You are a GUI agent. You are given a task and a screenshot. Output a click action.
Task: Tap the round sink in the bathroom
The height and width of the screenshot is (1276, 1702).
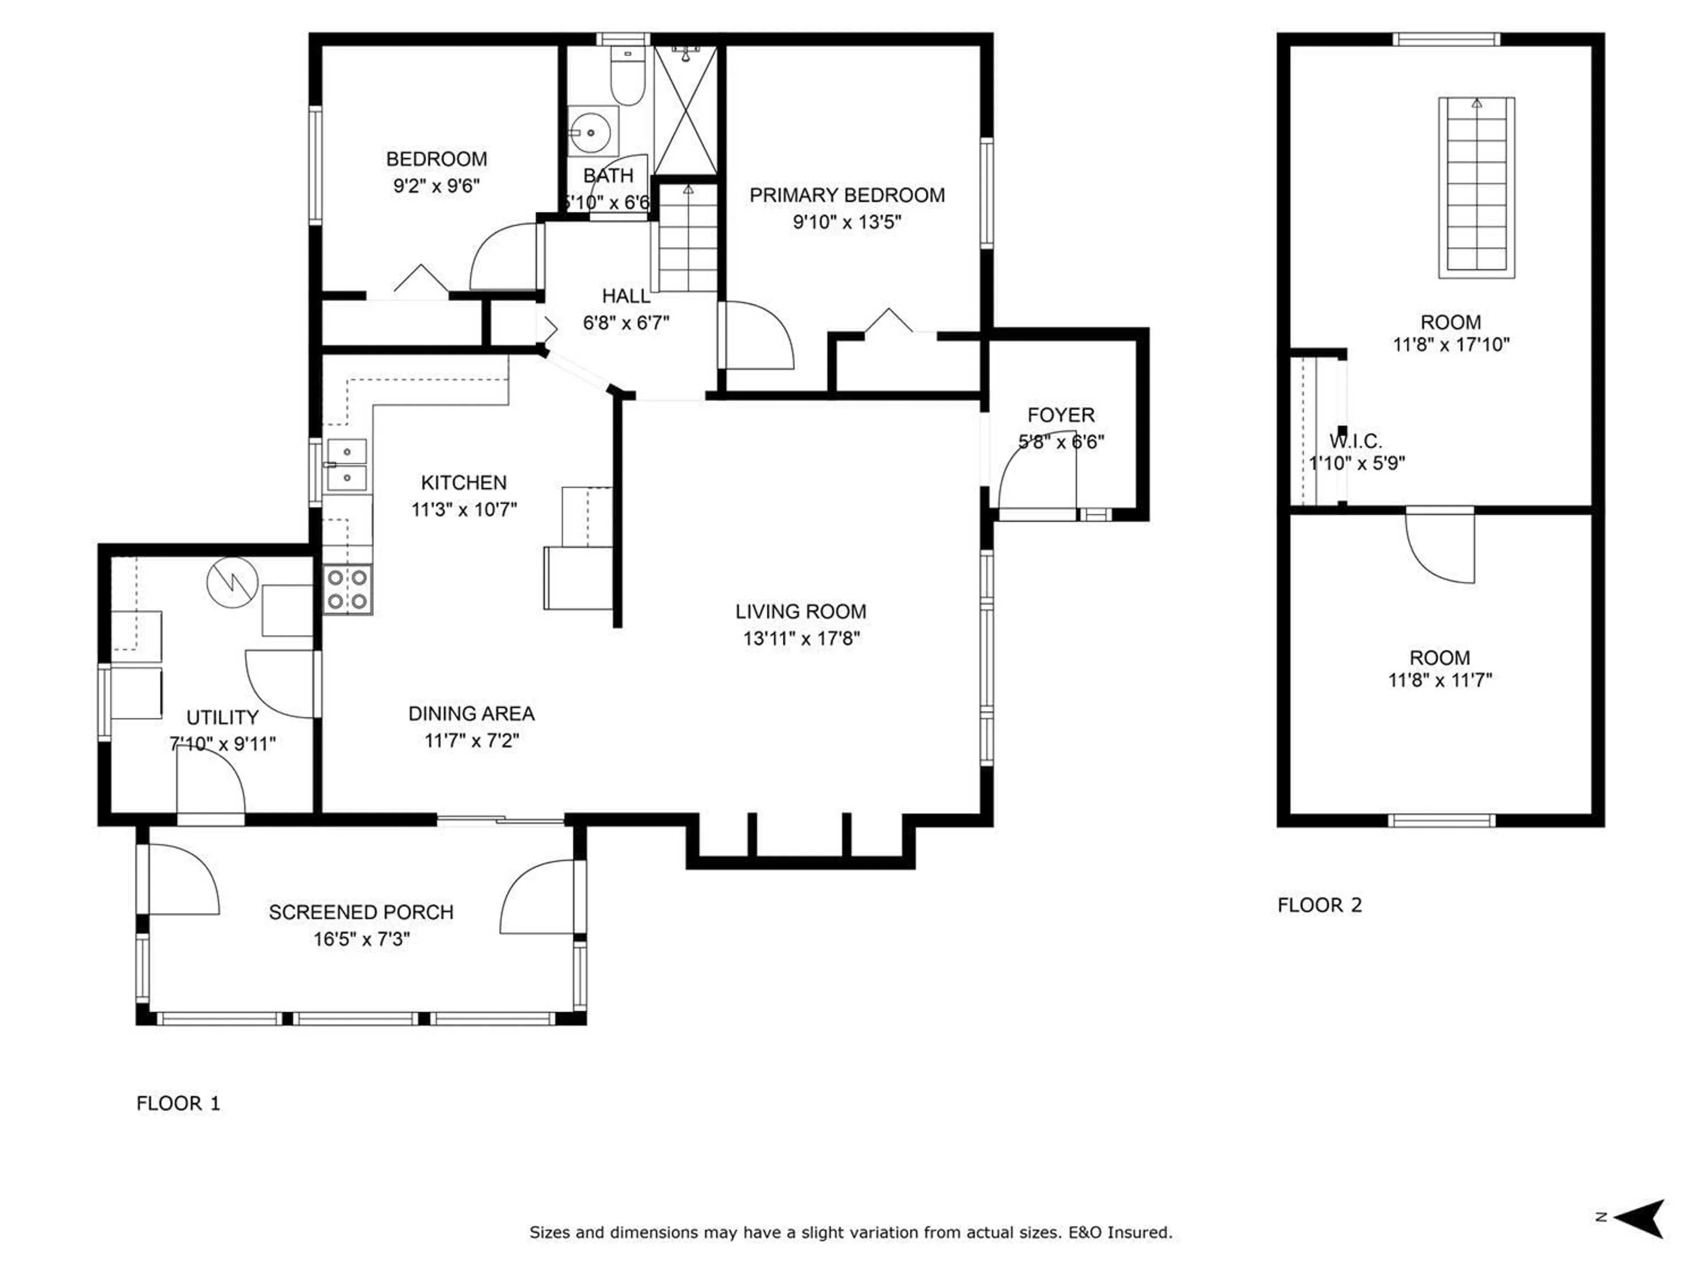coord(590,132)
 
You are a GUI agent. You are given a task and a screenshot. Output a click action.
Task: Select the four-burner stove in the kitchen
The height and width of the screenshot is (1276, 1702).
coord(348,589)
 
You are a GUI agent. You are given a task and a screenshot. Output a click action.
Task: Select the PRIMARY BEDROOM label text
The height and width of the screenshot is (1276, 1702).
coord(847,195)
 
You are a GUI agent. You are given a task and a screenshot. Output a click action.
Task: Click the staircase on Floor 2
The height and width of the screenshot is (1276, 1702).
coord(1476,187)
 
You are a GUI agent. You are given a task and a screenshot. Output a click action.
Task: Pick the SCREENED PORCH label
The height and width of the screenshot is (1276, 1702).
coord(361,912)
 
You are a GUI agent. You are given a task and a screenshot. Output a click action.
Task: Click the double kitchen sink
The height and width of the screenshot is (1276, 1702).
coord(347,465)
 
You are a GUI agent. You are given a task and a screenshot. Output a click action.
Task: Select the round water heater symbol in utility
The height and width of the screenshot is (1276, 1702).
coord(232,582)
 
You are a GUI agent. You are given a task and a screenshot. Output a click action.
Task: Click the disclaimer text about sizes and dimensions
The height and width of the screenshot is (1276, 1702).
coord(850,1232)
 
